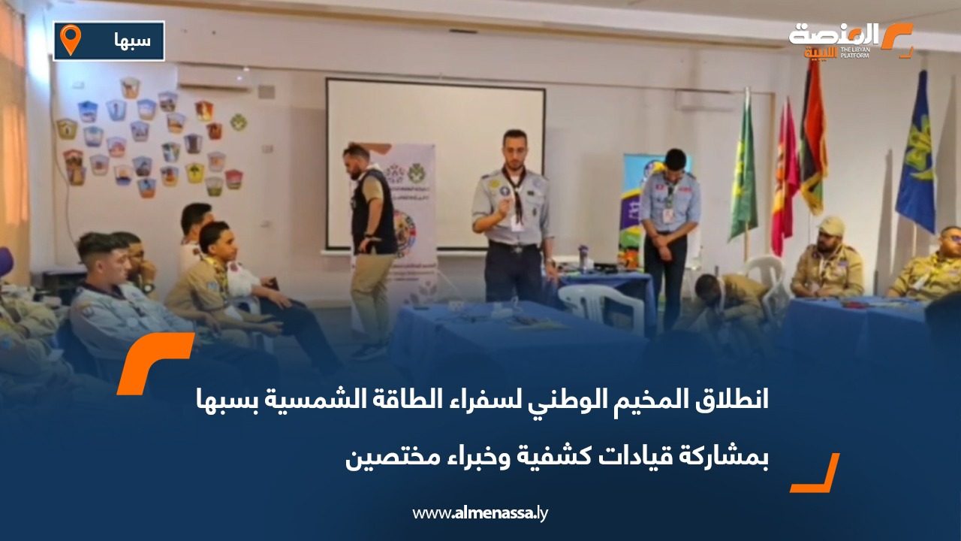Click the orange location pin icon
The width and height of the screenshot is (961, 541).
coord(70,40)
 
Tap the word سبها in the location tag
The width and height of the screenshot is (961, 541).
coord(132,41)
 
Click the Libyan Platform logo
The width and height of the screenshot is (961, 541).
coord(851,41)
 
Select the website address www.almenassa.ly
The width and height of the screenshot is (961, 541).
coord(480,513)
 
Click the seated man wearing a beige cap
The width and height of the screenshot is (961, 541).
coord(830,259)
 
